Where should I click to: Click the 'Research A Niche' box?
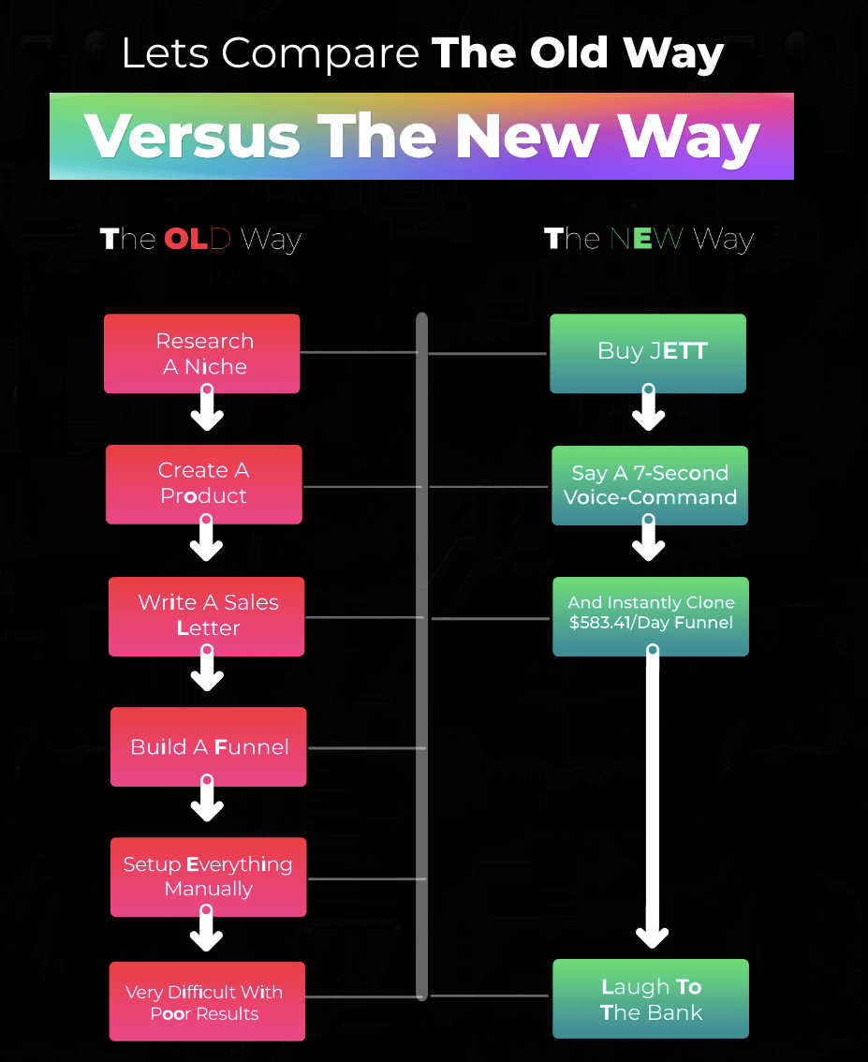click(201, 353)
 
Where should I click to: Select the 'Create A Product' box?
click(204, 484)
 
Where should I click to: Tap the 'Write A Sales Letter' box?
click(207, 616)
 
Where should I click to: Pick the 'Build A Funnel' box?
click(209, 746)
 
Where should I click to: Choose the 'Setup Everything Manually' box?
click(209, 878)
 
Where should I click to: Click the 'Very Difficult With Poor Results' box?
click(207, 1001)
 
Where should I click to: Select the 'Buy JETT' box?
click(648, 353)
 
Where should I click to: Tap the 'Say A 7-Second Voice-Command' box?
click(650, 485)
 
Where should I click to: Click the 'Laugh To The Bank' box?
click(651, 998)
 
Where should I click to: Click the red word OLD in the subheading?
click(198, 239)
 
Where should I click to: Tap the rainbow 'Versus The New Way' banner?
click(421, 136)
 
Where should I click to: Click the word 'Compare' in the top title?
click(320, 54)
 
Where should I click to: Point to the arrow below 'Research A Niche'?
click(207, 407)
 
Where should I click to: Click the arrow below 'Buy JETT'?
click(649, 407)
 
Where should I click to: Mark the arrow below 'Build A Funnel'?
click(207, 798)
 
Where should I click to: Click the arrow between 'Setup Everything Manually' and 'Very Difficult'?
click(207, 929)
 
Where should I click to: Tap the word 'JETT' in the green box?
click(679, 351)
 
